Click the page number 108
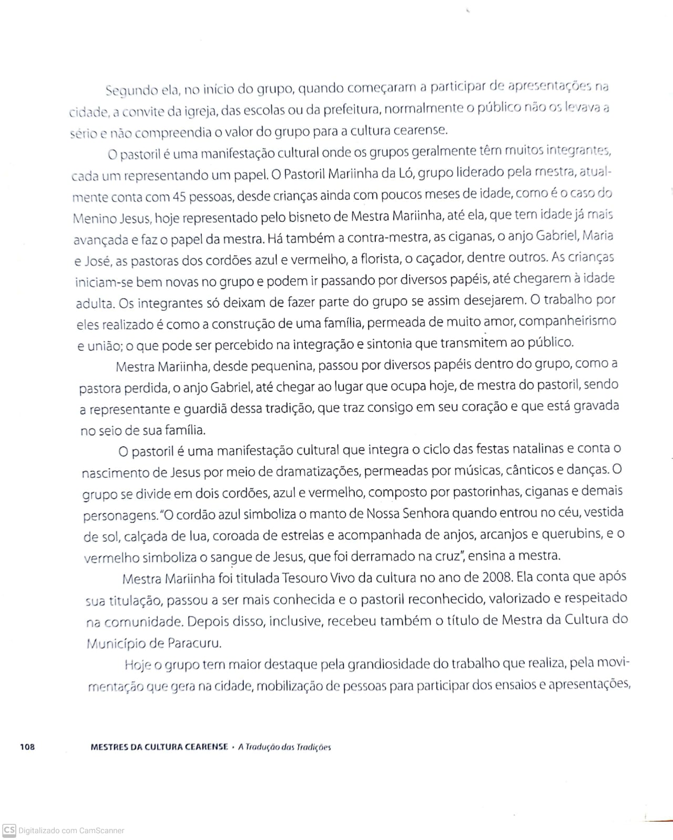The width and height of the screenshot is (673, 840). point(27,746)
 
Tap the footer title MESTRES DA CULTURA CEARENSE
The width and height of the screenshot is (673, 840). point(159,746)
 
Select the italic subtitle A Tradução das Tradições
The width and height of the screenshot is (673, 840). point(284,747)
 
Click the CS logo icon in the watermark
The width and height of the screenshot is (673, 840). point(9,830)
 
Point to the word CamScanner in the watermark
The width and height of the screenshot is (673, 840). point(101,831)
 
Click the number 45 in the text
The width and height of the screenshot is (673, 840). point(179,197)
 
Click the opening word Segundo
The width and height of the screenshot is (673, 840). point(131,90)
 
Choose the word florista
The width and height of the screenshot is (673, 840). point(385,259)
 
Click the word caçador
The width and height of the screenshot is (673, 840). point(439,258)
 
